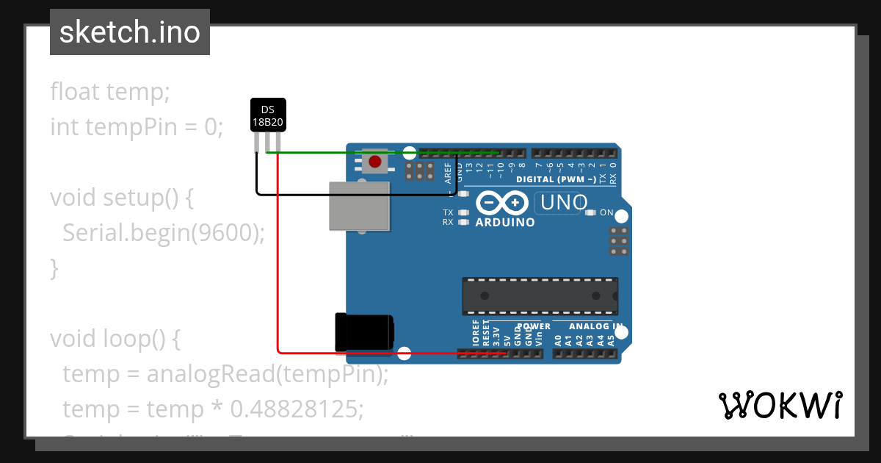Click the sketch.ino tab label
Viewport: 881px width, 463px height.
coord(129,32)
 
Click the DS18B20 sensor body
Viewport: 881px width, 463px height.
coord(268,115)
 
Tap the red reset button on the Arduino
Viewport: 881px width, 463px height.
coord(375,161)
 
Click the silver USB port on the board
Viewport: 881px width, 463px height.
coord(359,205)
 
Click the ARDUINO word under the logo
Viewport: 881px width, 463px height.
coord(505,222)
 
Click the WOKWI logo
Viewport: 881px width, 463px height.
coord(780,405)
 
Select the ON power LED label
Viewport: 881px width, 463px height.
coord(606,212)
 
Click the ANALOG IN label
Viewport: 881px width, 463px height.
coord(595,326)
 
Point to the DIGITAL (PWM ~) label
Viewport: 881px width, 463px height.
coord(556,179)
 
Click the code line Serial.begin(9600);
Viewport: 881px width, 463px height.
coord(163,233)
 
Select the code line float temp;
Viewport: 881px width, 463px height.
coord(110,92)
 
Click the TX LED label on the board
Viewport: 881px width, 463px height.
coord(448,212)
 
